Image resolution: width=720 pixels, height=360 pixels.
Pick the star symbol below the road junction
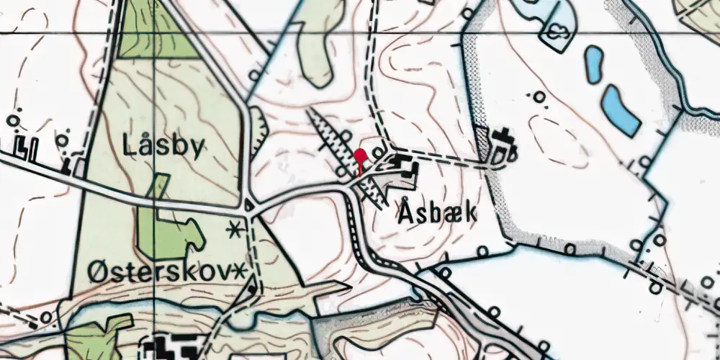pyautogui.click(x=233, y=230)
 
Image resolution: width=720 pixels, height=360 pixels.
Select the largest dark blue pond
pyautogui.click(x=621, y=110)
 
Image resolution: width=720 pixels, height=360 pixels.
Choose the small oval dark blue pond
pyautogui.click(x=594, y=64)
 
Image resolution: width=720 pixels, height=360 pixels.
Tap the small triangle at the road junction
pyautogui.click(x=250, y=205)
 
